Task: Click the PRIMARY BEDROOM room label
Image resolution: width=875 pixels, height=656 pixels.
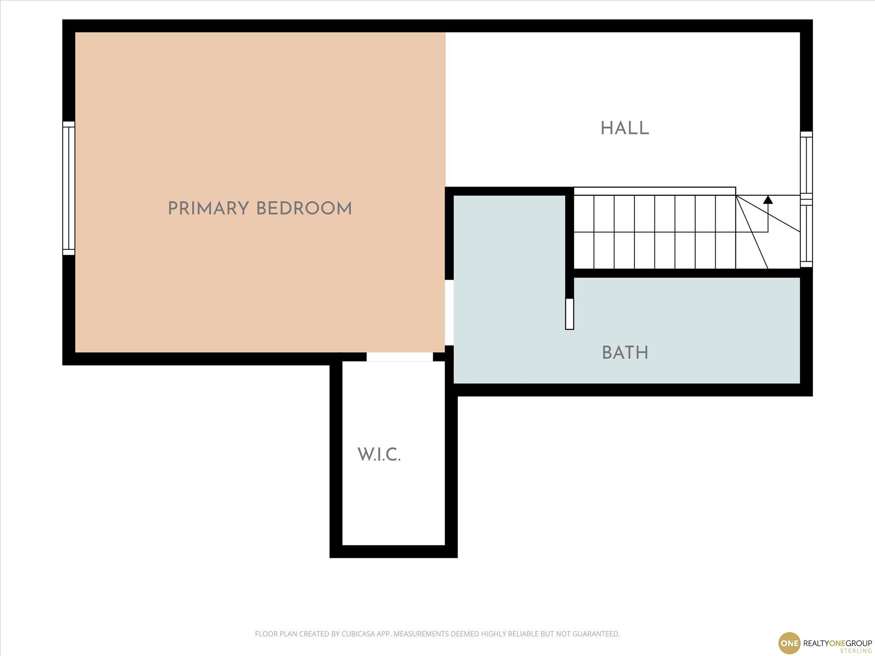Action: pos(260,209)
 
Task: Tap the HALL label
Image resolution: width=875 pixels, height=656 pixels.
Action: pos(625,128)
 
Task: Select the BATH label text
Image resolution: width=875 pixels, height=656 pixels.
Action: pos(625,353)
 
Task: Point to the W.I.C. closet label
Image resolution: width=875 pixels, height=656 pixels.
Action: pos(379,455)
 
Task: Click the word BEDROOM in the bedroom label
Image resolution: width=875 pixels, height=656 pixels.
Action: pos(304,209)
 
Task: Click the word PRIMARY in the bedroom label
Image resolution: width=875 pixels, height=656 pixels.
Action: pos(208,209)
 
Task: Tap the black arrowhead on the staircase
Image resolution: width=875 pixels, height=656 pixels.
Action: pos(768,199)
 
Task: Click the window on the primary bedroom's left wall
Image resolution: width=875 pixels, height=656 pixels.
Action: pos(69,188)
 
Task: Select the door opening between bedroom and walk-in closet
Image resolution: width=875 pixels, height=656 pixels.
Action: pos(399,357)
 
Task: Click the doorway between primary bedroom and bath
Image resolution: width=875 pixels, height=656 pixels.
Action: pos(449,312)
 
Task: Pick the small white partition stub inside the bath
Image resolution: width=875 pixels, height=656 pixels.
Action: pos(569,314)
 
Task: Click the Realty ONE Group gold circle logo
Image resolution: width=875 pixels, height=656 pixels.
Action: pos(789,643)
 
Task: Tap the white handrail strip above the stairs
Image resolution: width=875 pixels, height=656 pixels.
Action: pos(655,191)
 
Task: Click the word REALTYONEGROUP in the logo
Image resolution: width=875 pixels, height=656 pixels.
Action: pos(838,643)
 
